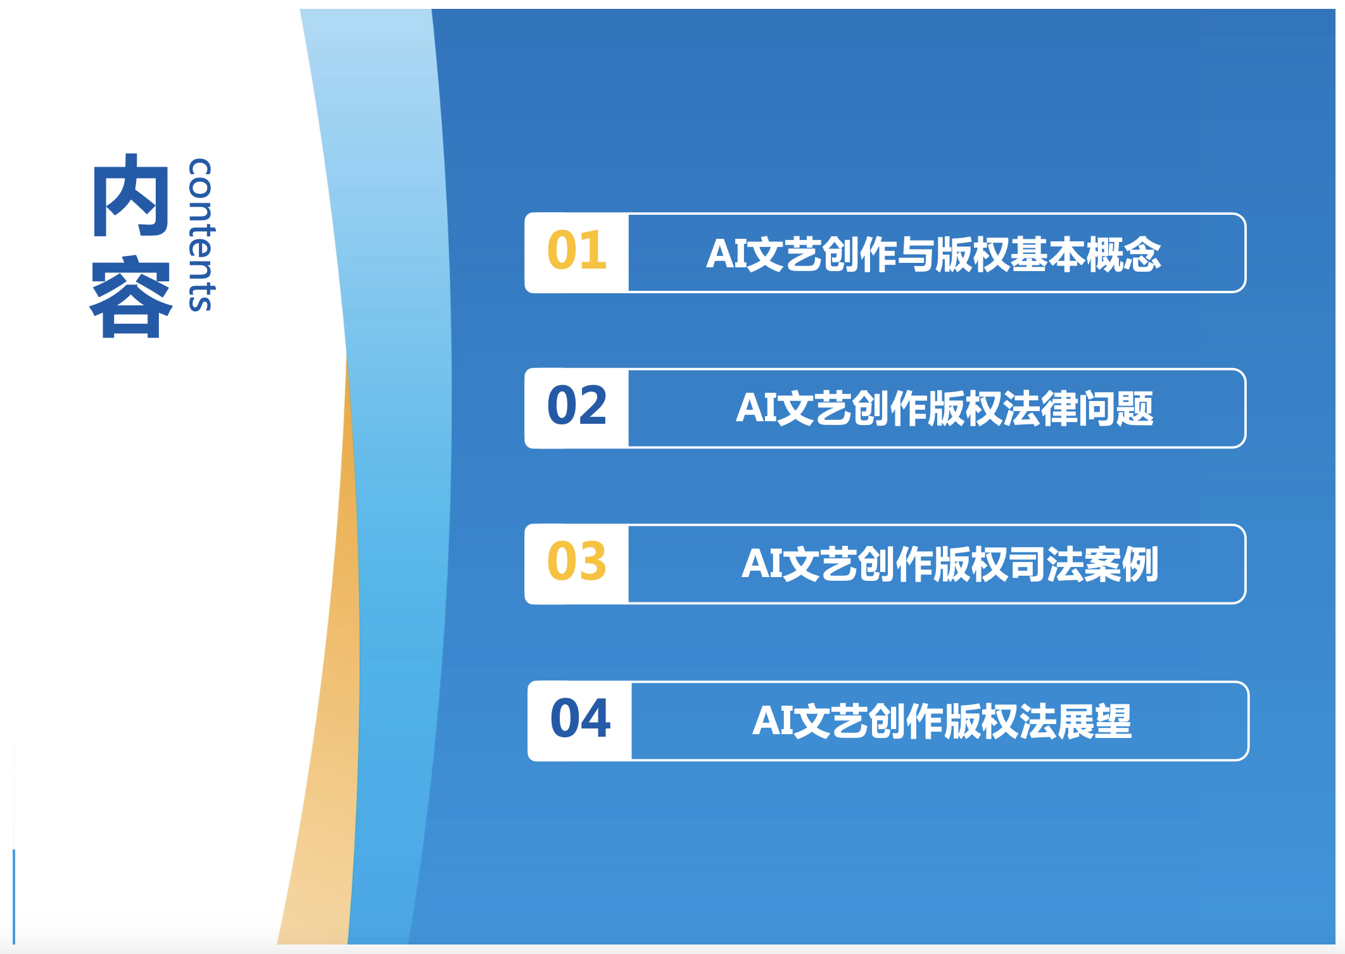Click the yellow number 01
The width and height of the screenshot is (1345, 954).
577,250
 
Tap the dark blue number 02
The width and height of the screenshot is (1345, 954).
577,405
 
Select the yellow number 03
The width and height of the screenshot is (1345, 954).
577,561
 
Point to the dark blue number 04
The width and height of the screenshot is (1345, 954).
580,718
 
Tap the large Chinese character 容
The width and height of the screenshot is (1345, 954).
131,297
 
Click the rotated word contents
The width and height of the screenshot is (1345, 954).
201,235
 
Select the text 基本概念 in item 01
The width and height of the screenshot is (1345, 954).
1085,255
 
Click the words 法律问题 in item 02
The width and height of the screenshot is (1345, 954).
1078,409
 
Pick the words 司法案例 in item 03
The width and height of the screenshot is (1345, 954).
1083,564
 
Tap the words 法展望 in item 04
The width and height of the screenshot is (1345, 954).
1075,722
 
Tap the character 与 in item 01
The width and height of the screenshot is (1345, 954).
916,255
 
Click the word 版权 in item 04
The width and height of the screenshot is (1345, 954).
982,722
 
